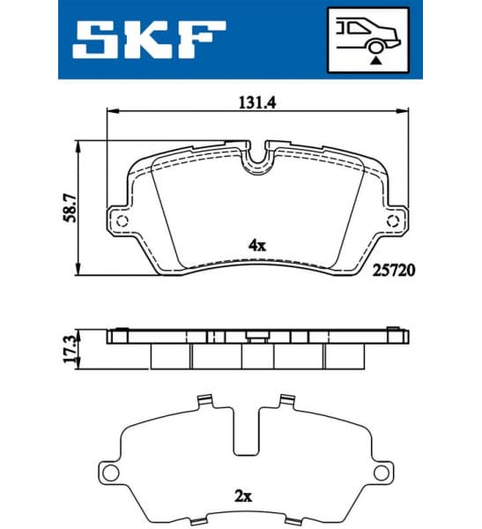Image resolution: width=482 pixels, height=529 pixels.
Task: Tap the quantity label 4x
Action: [256, 247]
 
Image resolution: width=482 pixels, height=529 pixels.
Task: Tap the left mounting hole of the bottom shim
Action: [110, 474]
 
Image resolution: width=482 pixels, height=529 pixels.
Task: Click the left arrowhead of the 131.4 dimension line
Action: [110, 112]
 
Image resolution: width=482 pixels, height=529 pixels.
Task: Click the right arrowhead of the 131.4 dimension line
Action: [408, 112]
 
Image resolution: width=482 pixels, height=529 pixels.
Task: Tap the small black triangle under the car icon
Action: [375, 61]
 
